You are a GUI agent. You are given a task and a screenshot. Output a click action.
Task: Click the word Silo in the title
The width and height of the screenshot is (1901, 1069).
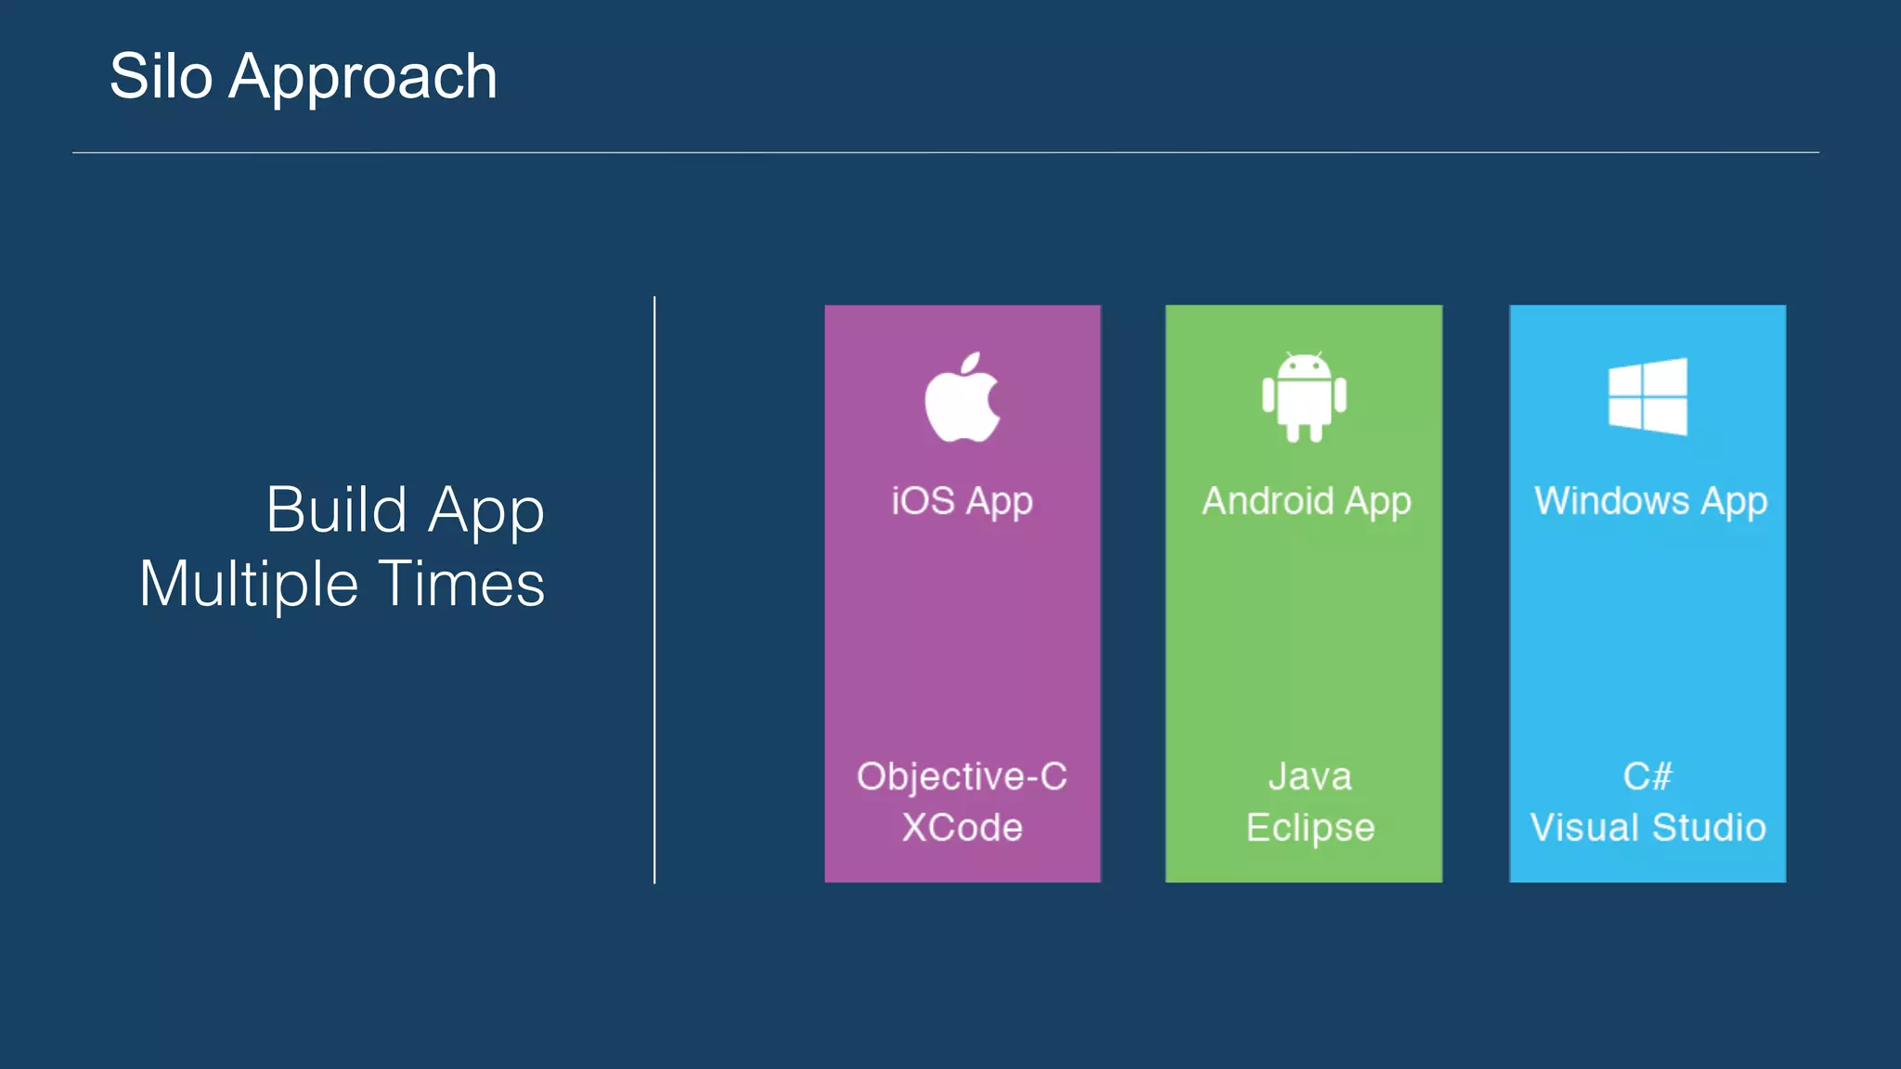161,76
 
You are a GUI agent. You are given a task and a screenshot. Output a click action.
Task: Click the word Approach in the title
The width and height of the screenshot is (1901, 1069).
363,78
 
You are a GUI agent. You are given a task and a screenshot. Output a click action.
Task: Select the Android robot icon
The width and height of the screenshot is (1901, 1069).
1304,397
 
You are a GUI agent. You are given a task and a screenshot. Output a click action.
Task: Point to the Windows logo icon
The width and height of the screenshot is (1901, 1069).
1648,396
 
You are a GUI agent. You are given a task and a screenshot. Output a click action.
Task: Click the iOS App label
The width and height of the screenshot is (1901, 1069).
963,502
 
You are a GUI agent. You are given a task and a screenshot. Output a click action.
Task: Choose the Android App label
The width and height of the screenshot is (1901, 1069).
1306,502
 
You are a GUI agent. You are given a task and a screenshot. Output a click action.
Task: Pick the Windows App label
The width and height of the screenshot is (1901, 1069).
1650,502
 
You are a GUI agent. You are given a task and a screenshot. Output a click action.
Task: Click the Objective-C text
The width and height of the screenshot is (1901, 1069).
963,777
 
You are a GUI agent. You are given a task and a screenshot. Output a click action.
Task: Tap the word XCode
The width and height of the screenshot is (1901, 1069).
963,828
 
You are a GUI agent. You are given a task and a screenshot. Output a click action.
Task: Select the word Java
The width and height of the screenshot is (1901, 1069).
1310,777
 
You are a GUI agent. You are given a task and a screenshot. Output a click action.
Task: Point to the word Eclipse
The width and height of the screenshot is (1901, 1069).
1310,828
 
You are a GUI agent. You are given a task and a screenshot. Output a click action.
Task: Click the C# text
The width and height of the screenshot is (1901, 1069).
1648,777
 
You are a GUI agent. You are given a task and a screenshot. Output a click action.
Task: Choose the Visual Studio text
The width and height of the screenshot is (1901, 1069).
1648,828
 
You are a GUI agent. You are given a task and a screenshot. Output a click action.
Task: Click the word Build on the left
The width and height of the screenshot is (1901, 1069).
337,510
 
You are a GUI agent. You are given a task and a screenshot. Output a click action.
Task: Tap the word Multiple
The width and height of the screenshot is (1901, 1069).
249,585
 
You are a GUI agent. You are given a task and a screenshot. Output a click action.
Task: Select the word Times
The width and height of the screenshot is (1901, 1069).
461,585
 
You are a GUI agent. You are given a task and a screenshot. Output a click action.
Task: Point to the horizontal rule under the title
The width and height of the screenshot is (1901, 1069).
945,152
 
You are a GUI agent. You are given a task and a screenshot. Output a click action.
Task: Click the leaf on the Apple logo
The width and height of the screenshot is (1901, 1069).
971,364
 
